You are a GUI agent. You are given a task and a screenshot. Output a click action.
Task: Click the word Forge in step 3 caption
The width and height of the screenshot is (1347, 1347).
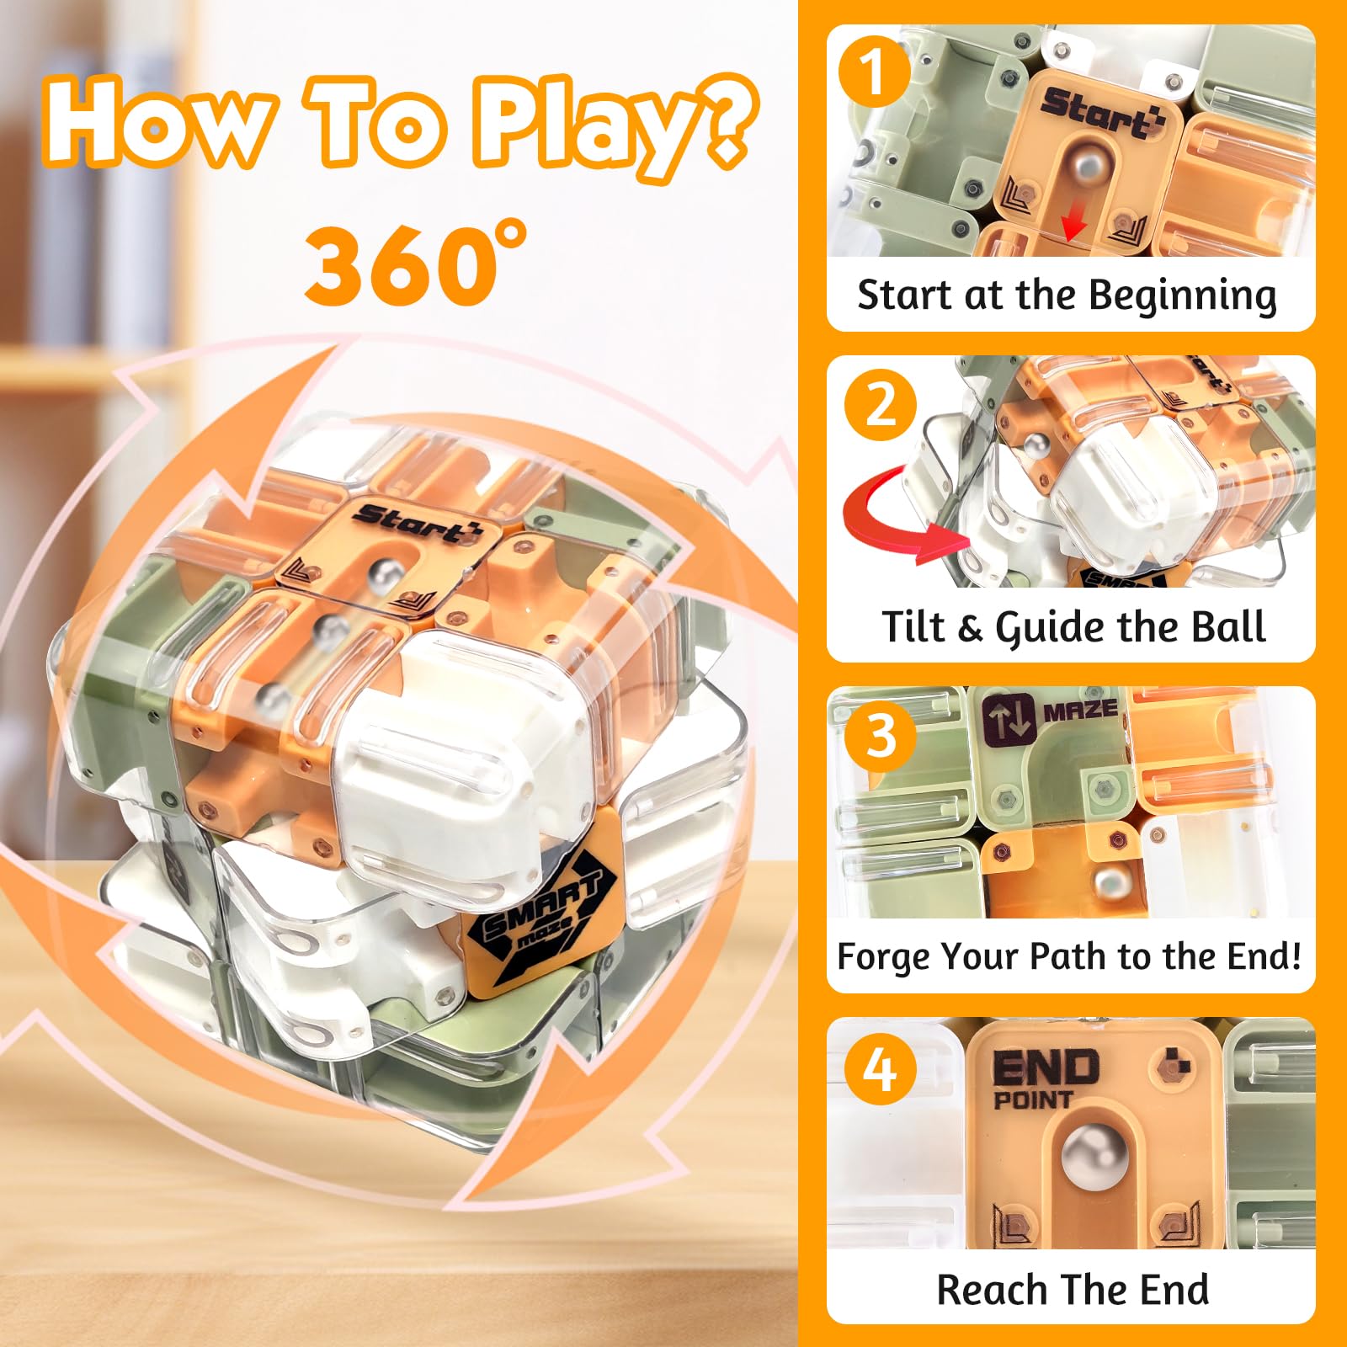point(884,958)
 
